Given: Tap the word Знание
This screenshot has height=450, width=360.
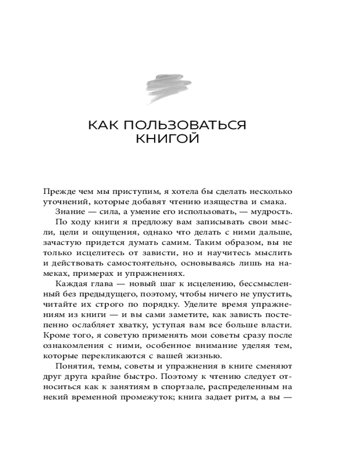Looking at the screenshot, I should [x=69, y=212].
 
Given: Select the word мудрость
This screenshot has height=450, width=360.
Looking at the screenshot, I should [x=272, y=212].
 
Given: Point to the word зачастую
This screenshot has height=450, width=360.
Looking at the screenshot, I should [x=62, y=243].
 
